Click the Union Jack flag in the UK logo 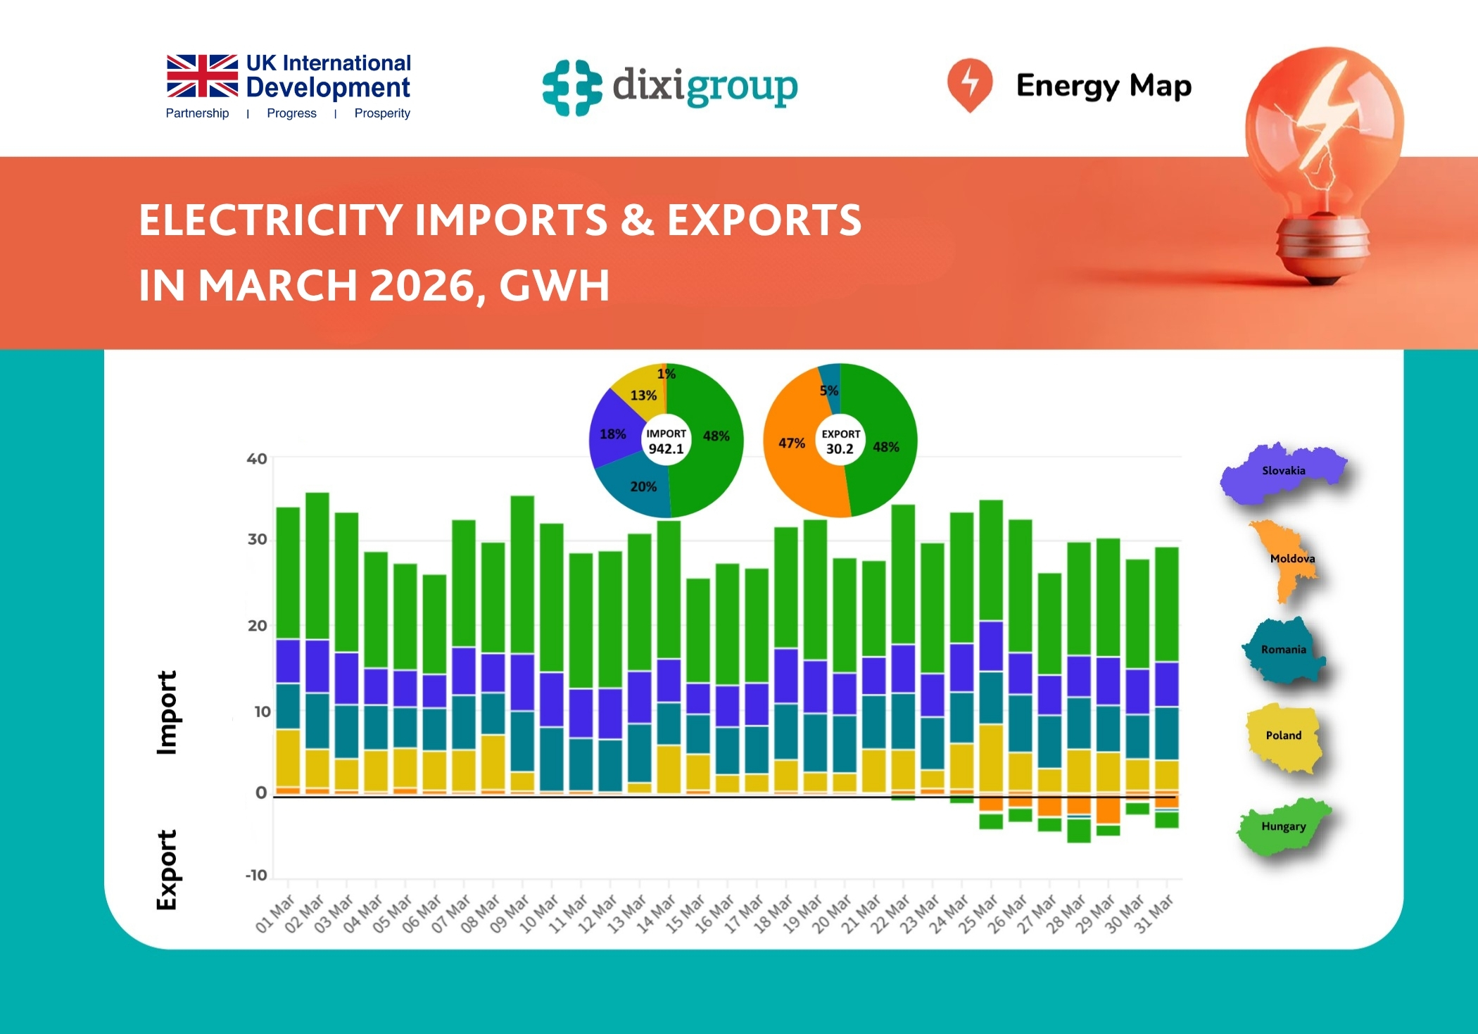(202, 75)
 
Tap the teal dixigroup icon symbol (571, 87)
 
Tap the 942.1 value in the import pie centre (666, 449)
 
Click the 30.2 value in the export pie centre (840, 449)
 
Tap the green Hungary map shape (1282, 828)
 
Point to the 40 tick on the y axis (257, 459)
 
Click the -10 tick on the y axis (256, 875)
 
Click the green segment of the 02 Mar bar (317, 563)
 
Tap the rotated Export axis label (167, 870)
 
